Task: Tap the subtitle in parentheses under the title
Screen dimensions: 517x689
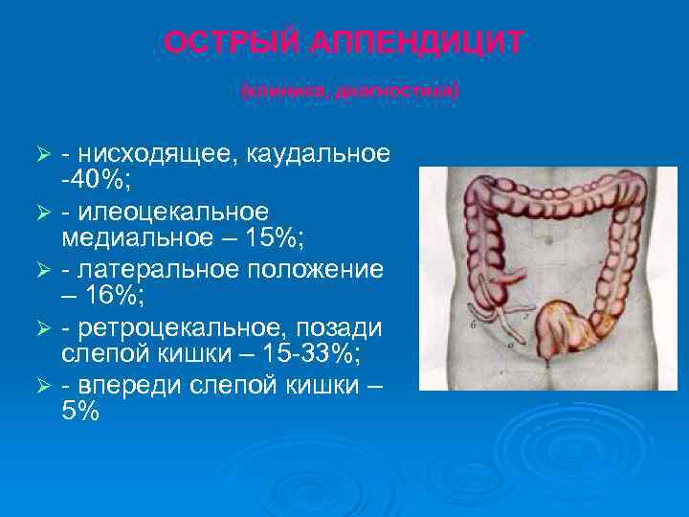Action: pos(349,91)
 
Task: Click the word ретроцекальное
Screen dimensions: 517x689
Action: pos(183,326)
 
